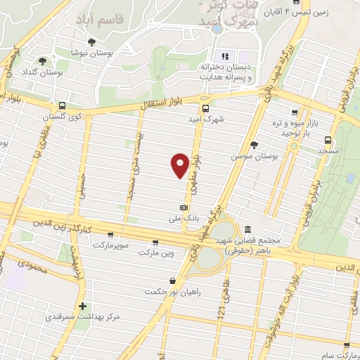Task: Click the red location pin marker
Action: click(180, 165)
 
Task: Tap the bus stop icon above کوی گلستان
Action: click(63, 105)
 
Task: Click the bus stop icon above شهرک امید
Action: click(205, 108)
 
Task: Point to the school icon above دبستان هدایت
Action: click(225, 57)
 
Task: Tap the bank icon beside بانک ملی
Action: click(184, 207)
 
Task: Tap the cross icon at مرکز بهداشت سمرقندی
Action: click(83, 306)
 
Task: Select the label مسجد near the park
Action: click(309, 150)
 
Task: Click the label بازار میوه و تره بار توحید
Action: click(313, 128)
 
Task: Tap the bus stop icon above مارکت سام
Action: click(347, 345)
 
